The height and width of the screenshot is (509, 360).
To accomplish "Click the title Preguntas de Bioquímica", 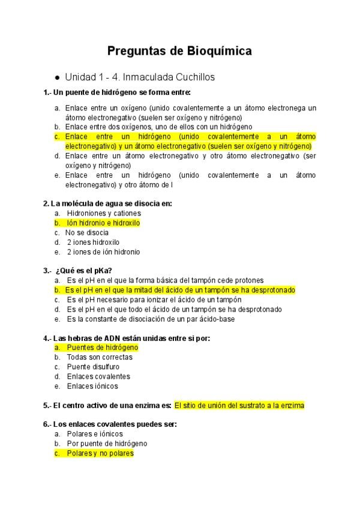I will point(179,51).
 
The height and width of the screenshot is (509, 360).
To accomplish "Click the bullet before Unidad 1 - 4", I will point(56,78).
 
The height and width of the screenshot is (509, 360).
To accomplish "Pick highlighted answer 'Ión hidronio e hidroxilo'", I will point(103,223).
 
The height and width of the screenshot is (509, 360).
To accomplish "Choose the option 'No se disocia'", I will point(88,232).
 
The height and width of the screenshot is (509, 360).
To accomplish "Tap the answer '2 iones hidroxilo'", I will point(93,242).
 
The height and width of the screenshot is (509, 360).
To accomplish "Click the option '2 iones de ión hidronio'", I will point(103,251).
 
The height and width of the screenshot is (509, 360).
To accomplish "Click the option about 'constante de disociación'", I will point(151,319).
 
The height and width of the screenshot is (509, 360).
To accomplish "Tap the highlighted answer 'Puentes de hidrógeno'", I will point(102,348).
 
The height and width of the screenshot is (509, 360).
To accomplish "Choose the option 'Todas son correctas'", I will point(100,357).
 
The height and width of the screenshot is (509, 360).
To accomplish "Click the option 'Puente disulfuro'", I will point(93,367).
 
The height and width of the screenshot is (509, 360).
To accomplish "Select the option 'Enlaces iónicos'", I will point(92,386).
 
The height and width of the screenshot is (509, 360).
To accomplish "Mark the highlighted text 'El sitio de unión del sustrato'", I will point(239,405).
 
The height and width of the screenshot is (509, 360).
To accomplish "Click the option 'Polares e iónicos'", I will point(95,434).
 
